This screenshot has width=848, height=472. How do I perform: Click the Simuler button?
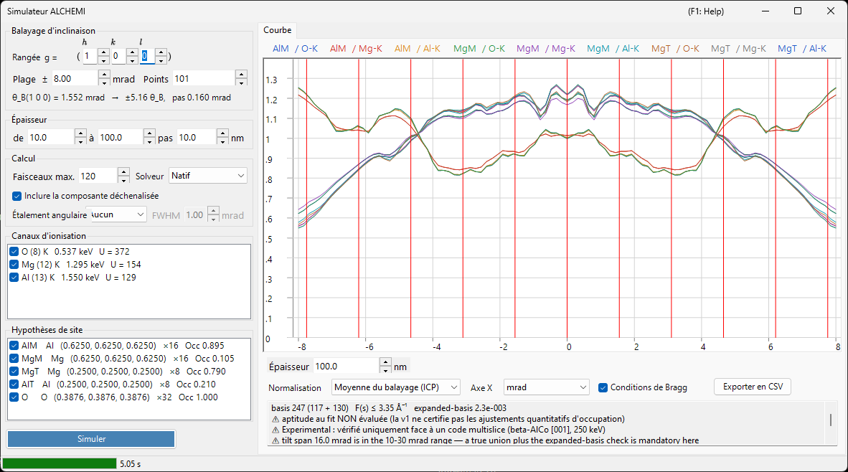point(91,439)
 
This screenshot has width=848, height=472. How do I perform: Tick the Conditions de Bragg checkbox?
point(603,387)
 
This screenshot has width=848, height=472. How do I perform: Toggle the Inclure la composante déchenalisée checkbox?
point(17,196)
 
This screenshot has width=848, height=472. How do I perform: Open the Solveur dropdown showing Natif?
point(207,176)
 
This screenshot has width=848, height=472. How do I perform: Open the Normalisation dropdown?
point(396,387)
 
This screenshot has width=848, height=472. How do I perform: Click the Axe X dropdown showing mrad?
point(546,387)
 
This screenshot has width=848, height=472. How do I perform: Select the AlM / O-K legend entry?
point(296,49)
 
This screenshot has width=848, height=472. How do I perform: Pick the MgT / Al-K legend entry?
point(802,49)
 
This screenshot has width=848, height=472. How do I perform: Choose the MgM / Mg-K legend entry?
point(546,49)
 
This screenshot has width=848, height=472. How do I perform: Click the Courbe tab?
point(278,30)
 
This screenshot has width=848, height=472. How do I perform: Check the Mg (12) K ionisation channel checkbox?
point(14,265)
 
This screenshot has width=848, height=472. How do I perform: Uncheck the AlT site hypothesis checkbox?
point(14,384)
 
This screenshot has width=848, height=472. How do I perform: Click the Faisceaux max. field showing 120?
point(98,176)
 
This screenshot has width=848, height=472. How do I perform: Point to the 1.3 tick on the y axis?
point(271,80)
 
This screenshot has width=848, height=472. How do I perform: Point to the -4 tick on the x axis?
point(436,346)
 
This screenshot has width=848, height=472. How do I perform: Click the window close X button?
point(831,11)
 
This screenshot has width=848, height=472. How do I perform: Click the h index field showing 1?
point(90,56)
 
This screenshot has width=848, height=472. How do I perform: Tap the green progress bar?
point(60,463)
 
